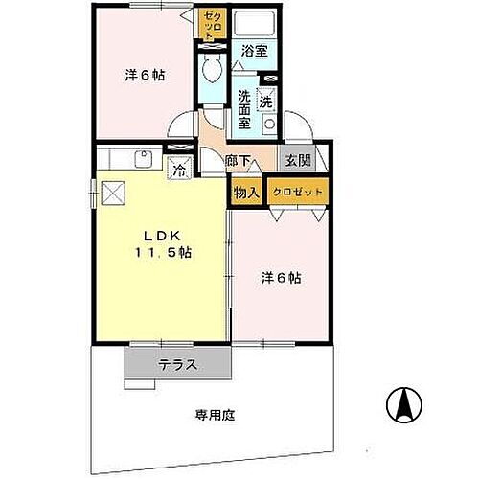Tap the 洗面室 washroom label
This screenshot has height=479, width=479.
pos(245,109)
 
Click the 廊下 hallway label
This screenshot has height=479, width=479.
pos(239,163)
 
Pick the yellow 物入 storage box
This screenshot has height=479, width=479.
pos(246,192)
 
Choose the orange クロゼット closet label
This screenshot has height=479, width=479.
pos(298,192)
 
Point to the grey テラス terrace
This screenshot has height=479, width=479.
pos(178,365)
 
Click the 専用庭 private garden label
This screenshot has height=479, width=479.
pos(216,416)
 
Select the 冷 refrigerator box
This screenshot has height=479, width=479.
pos(179,171)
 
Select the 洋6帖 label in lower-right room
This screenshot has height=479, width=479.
pos(283,278)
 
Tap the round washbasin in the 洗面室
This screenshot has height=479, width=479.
pos(270,123)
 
